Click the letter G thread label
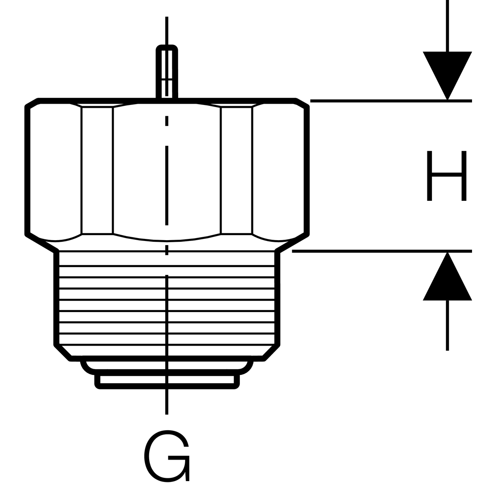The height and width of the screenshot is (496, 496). coord(167,456)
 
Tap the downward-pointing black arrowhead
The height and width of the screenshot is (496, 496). coord(447,74)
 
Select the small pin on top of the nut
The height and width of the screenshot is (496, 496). coord(167,72)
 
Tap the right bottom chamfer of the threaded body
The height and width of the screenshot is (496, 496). coord(272,352)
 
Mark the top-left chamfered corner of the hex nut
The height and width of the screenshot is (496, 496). coord(33,103)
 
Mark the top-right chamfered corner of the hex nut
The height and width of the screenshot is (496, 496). coord(302,103)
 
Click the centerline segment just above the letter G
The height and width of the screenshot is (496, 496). coord(167,401)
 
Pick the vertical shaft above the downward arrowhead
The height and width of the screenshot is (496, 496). coord(447,25)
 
